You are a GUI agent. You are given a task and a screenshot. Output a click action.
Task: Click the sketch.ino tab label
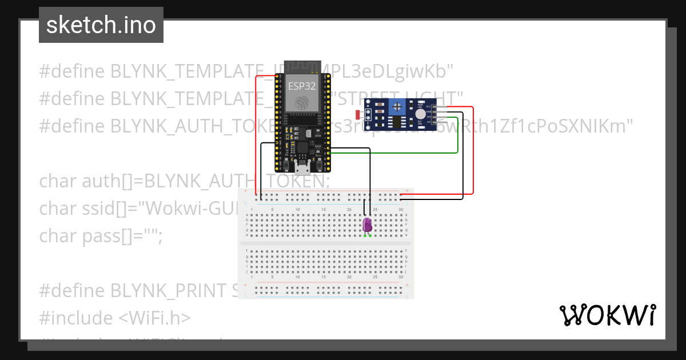101,26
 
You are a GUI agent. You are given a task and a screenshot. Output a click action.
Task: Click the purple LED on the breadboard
368,225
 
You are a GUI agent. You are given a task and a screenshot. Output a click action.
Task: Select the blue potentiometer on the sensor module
396,106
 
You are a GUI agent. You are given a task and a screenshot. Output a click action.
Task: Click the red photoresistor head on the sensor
358,114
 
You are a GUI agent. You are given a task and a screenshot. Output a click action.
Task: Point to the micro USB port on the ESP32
301,167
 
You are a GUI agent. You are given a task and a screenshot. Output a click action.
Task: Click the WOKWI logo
607,315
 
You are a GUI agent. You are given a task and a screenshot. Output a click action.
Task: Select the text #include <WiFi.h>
114,318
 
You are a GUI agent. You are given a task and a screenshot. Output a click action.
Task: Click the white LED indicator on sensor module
412,115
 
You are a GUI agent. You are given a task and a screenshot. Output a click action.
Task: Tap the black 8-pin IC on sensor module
393,122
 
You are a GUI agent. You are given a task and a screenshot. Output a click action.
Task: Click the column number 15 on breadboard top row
324,210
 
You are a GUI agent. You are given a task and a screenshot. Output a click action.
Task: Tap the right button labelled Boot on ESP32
322,162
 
